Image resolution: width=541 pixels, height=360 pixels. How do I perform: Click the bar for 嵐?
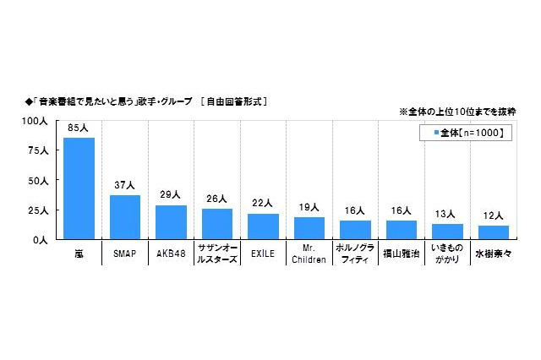coord(79,188)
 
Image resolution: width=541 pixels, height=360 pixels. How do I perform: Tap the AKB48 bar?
coord(171,222)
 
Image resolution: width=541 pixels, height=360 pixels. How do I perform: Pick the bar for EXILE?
coord(263,226)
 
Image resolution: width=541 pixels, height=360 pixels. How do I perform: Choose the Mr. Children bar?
coord(309,228)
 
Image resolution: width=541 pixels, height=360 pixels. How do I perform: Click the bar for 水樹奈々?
coord(493,232)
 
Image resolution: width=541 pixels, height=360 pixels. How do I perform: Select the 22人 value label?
coord(263,204)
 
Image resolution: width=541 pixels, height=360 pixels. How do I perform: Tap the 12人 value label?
coord(493,217)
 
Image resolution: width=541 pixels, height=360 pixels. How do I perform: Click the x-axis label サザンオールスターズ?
coord(216,257)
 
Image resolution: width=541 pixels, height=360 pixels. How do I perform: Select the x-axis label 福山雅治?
coord(401,252)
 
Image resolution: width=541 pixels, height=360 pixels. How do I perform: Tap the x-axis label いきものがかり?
coord(446,257)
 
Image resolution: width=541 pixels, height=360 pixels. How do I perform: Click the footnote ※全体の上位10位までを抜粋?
coord(460,112)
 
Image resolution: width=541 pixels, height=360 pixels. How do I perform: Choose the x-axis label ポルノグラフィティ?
coord(355,257)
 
